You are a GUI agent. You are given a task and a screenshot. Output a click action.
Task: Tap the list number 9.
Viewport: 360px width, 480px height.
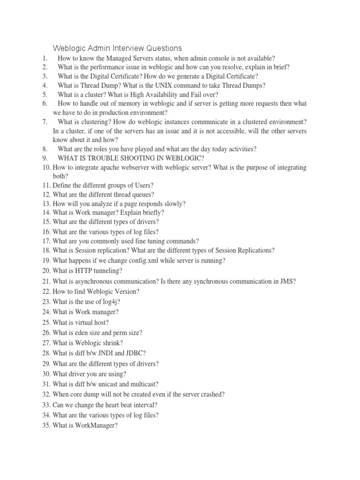tap(44, 157)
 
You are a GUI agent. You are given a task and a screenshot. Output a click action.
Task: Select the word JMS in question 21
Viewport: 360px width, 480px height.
tap(286, 281)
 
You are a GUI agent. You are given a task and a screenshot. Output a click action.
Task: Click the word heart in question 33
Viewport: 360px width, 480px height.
tap(109, 405)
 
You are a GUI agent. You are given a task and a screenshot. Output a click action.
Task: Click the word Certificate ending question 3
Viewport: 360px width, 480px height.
tap(237, 76)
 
